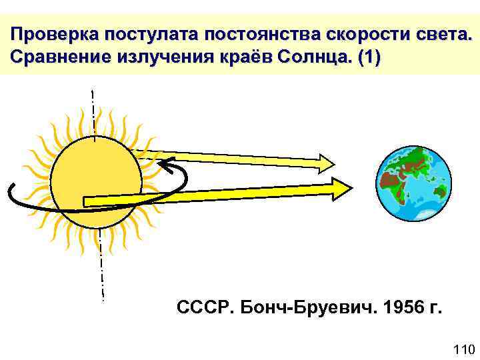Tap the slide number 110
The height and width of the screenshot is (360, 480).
pos(462,349)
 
